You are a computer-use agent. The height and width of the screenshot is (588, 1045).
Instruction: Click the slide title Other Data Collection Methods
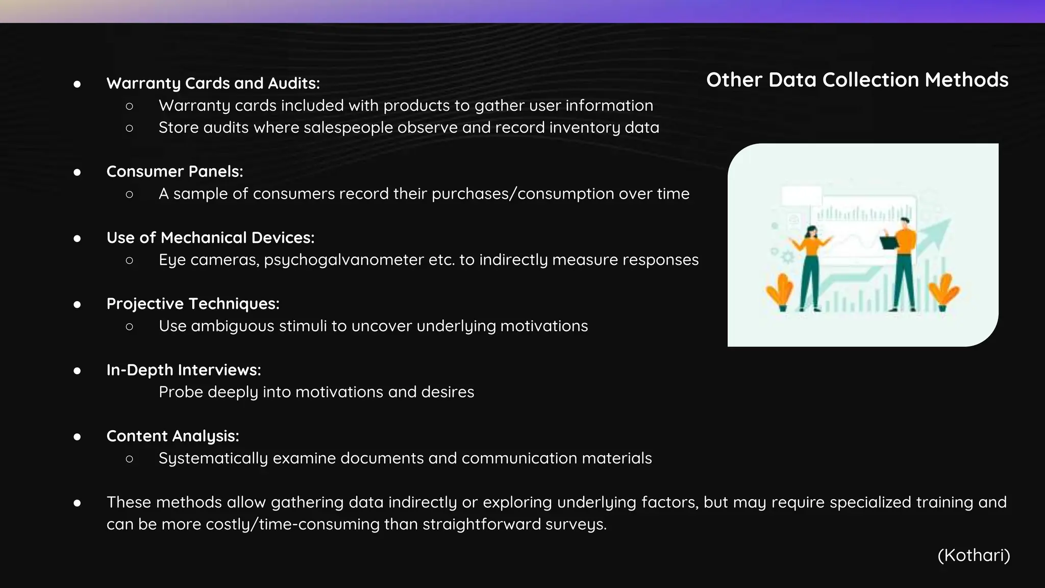(x=857, y=80)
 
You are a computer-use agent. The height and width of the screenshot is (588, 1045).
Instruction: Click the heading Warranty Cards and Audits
(x=213, y=83)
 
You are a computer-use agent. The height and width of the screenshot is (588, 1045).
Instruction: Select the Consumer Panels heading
(x=175, y=171)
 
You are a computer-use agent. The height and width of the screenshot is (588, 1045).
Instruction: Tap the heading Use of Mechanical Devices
(x=210, y=238)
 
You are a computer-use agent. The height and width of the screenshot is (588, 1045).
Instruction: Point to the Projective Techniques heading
(x=193, y=304)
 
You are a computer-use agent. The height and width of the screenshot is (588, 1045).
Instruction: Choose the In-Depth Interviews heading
(x=184, y=370)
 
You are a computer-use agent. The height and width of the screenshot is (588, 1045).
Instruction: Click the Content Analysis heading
(x=172, y=436)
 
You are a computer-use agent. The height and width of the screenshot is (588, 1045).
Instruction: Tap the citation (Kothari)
(x=974, y=555)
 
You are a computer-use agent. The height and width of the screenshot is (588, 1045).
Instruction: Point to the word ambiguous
(x=233, y=326)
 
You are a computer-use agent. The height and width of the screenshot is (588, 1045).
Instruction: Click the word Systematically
(x=213, y=458)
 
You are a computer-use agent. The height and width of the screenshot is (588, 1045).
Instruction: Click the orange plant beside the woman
(x=780, y=292)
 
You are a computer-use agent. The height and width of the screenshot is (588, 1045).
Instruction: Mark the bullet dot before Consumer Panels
(x=77, y=172)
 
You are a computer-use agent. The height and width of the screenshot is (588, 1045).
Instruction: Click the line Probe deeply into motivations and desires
(x=316, y=392)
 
